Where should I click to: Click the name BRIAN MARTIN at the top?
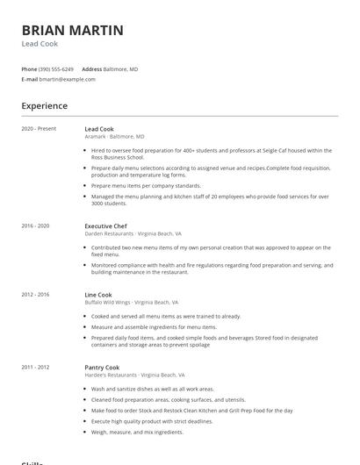tap(73, 31)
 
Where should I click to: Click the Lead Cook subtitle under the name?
tap(40, 44)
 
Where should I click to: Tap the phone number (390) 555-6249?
tap(56, 68)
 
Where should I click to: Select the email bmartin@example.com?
tap(67, 79)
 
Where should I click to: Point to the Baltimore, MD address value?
tap(121, 68)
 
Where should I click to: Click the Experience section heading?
tap(45, 106)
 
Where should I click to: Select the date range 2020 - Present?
tap(39, 129)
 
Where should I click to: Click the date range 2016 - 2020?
tap(35, 225)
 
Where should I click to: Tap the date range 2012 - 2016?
tap(35, 295)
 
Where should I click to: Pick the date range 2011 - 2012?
tap(35, 367)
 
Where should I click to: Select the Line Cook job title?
tap(98, 295)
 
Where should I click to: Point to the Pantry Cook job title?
tap(102, 367)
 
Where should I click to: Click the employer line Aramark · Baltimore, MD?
tap(115, 137)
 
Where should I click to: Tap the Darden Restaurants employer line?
tap(133, 234)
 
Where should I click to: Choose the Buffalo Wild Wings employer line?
tap(131, 303)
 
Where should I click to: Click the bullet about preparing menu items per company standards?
tap(146, 186)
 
